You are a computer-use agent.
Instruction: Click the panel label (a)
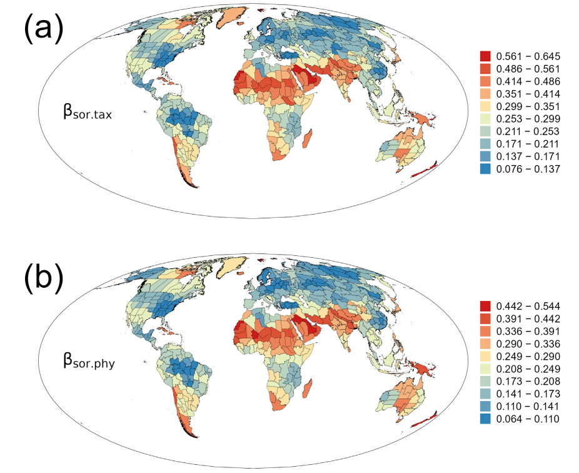point(43,30)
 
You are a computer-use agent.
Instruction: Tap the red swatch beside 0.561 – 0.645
point(485,56)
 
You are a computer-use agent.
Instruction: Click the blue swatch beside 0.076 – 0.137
point(485,170)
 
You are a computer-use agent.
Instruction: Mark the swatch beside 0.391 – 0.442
point(485,318)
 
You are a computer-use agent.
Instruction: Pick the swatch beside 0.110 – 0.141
point(485,406)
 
